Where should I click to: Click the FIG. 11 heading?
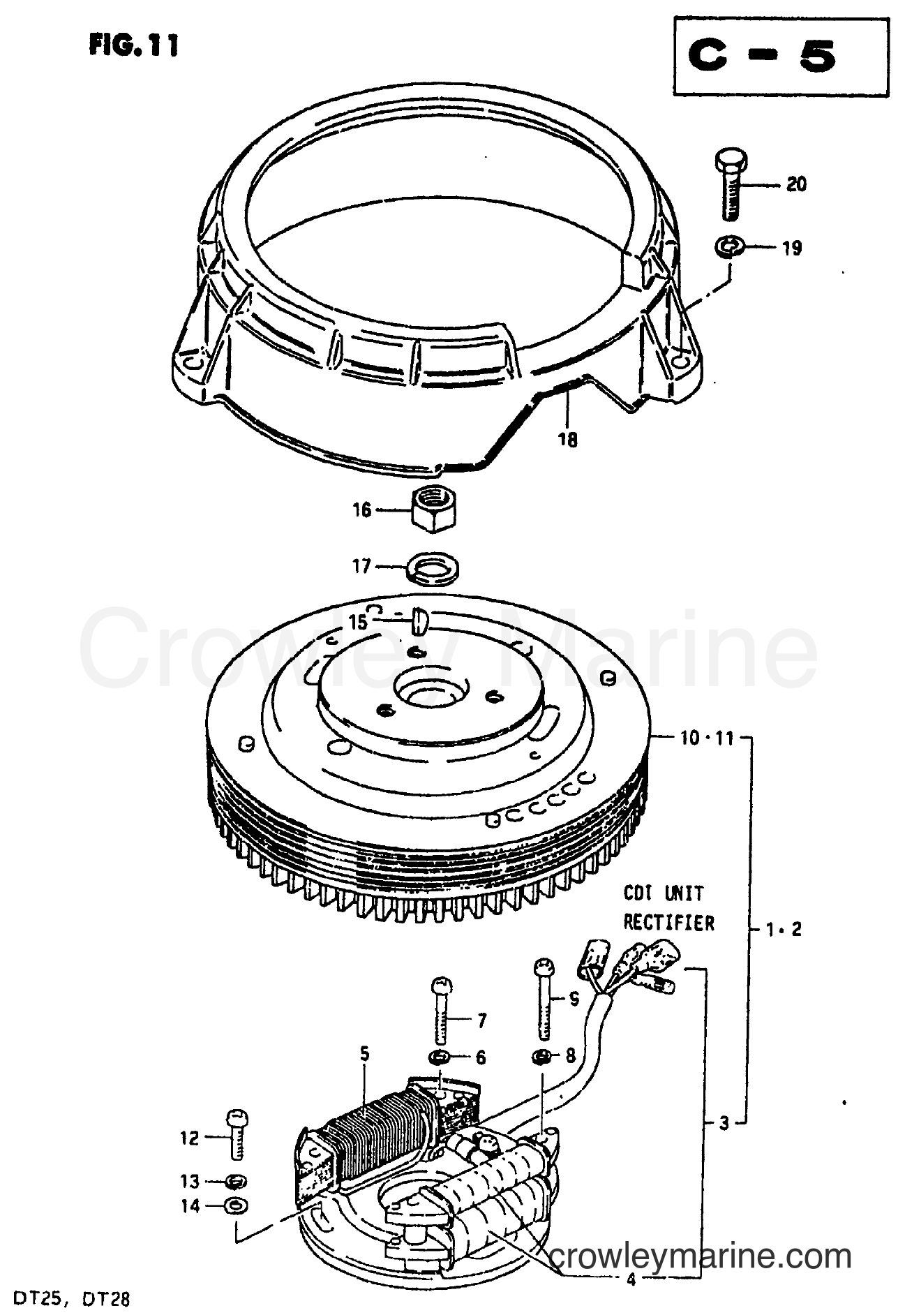point(133,45)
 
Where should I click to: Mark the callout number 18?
point(569,440)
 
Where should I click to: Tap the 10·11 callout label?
point(706,738)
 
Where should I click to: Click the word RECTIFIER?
point(668,923)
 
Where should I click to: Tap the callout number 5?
point(364,1053)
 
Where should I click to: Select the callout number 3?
point(724,1123)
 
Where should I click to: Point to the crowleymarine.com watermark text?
point(701,1257)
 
